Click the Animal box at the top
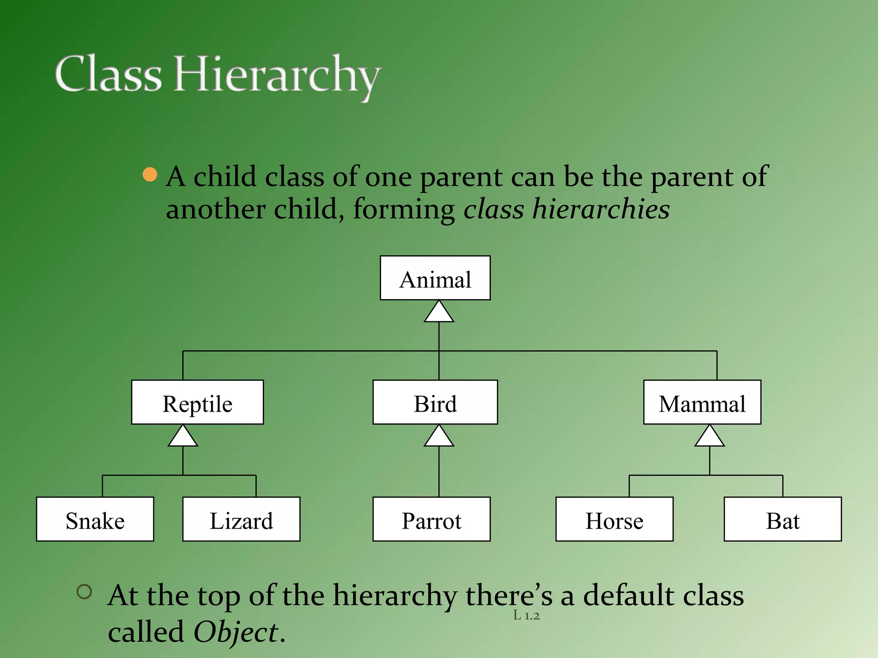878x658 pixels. [x=435, y=278]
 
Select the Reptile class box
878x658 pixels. [x=197, y=402]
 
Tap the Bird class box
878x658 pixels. [x=435, y=402]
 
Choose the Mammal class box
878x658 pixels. [x=702, y=402]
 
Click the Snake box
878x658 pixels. [x=95, y=519]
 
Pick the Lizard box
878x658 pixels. [x=241, y=519]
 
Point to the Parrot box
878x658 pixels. [x=431, y=519]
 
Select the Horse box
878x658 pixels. [x=614, y=519]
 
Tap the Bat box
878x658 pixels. [x=783, y=519]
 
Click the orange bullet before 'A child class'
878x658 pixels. [x=150, y=175]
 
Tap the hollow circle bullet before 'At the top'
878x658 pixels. [x=84, y=592]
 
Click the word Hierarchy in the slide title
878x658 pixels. [x=277, y=75]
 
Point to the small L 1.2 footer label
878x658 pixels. [x=526, y=616]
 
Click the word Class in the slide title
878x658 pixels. [x=108, y=74]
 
